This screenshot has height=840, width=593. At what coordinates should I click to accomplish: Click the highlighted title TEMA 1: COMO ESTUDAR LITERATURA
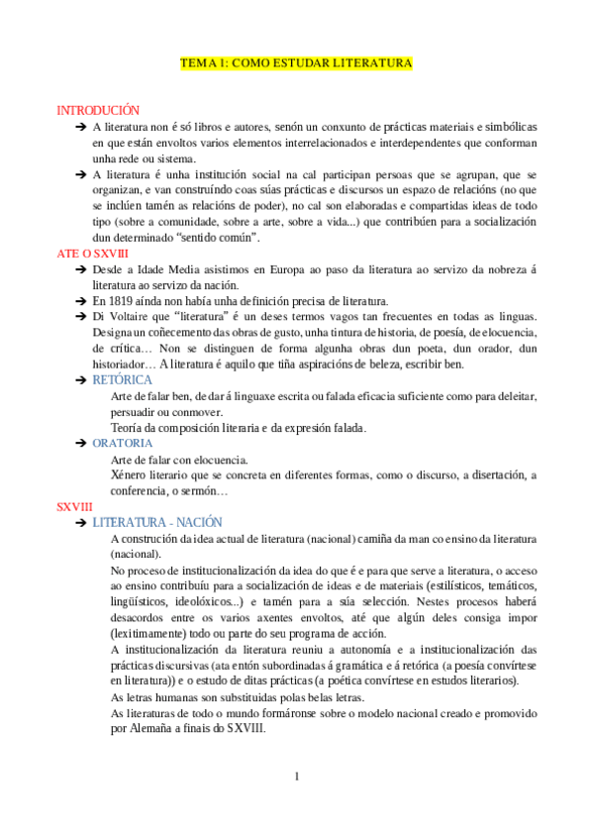tap(296, 63)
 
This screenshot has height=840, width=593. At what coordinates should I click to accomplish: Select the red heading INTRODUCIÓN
tap(98, 111)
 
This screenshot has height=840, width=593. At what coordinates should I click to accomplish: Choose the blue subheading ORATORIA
tap(123, 443)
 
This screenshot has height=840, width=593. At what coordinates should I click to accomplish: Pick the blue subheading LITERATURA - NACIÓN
tap(157, 522)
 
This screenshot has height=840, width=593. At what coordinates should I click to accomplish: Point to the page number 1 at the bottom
tap(297, 776)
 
